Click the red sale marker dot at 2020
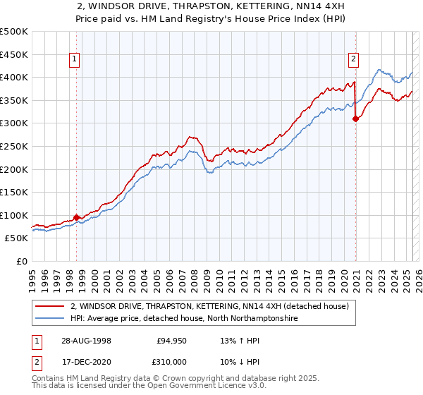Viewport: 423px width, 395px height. (x=355, y=119)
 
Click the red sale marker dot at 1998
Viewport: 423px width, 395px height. (x=77, y=217)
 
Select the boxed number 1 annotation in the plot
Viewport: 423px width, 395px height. (x=75, y=60)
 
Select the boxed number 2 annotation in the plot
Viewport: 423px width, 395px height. (x=353, y=60)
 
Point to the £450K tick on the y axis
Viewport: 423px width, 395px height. (x=14, y=54)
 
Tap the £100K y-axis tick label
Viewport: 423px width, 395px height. (x=14, y=215)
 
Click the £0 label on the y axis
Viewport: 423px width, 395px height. (x=20, y=262)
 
